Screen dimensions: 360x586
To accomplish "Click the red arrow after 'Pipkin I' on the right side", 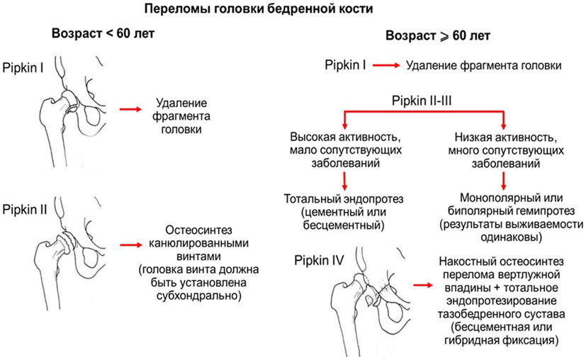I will pos(385,66).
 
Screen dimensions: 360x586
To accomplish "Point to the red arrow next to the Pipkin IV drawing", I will pos(422,285).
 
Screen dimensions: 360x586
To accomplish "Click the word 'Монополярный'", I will pos(484,198).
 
